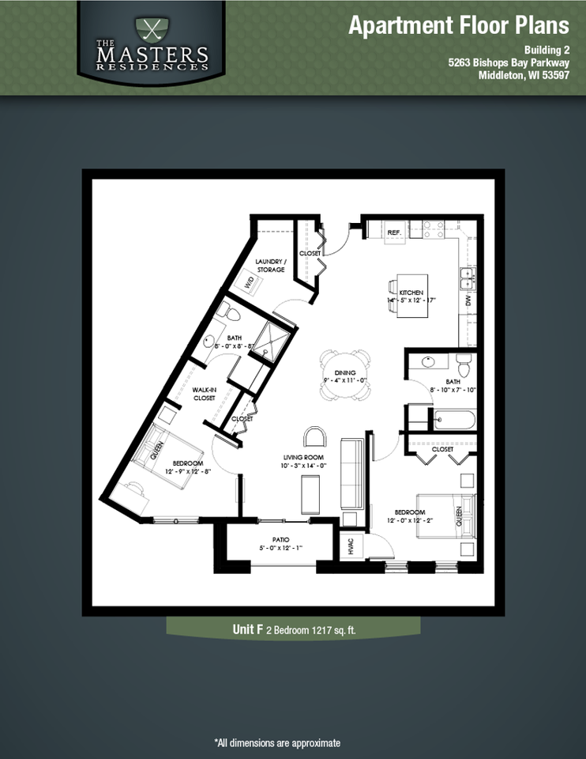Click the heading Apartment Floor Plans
(458, 26)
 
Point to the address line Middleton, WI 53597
(524, 76)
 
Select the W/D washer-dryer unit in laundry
(250, 283)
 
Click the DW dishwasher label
(468, 301)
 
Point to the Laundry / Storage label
(270, 266)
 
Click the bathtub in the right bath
(453, 419)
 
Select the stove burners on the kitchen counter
(432, 228)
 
